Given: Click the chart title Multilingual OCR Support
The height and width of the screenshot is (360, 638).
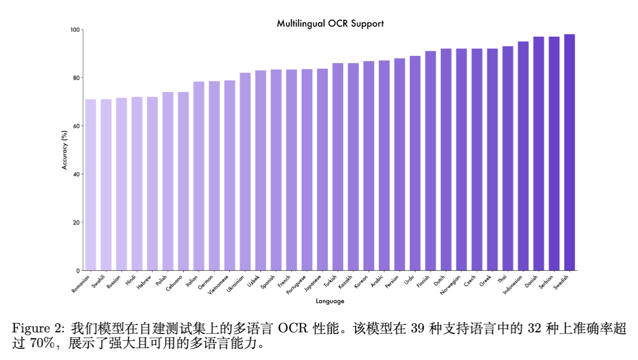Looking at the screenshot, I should [x=330, y=24].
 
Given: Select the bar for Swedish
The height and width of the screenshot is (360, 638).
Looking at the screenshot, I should [x=569, y=152].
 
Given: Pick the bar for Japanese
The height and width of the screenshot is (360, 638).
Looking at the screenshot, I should [x=322, y=169].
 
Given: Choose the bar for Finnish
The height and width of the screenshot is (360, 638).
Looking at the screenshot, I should [x=430, y=161].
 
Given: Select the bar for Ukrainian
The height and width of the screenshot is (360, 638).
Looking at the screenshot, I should [x=245, y=172].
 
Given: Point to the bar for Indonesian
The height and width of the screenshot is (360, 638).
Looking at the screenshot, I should [x=523, y=156].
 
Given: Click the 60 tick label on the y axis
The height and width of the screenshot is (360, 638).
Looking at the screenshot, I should [x=76, y=126].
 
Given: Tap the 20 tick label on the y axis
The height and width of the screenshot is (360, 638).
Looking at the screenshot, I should [x=76, y=222].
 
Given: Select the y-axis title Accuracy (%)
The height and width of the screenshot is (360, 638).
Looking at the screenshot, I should [x=65, y=150].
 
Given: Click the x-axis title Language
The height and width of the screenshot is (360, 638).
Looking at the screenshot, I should [x=330, y=301].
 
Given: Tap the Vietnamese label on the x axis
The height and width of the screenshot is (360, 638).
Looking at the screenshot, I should [x=219, y=285].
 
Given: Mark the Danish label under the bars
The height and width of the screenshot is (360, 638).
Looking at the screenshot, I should [x=531, y=280].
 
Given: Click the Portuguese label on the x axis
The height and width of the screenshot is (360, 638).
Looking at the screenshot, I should [x=297, y=286].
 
